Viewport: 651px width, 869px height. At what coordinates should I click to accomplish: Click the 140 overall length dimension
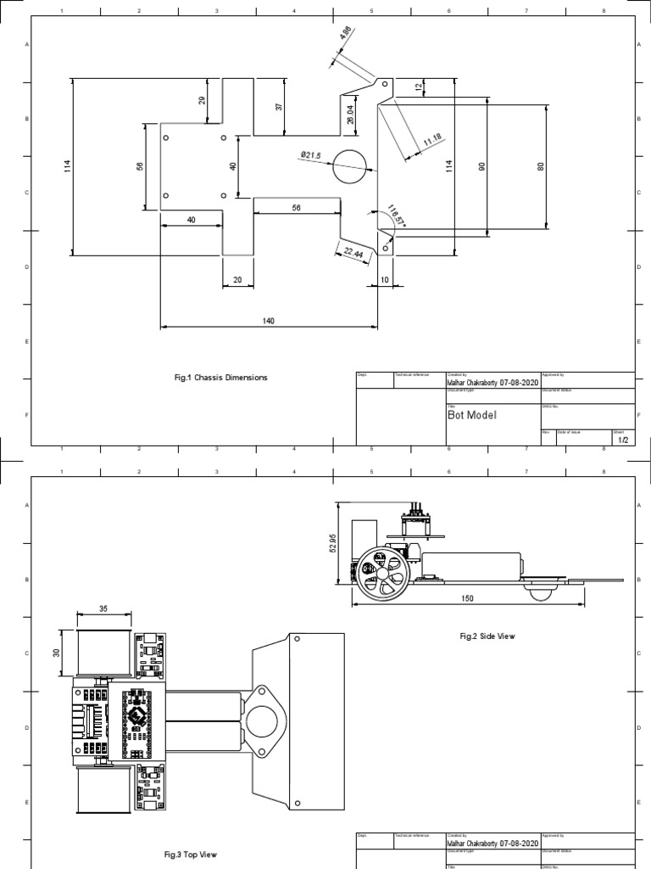269,321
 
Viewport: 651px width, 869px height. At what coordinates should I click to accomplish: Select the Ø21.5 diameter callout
311,154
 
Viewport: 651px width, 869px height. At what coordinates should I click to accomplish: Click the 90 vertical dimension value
481,166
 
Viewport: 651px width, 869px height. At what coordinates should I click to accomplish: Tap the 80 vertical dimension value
539,166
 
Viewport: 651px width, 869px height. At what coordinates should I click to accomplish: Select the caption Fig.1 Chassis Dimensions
219,378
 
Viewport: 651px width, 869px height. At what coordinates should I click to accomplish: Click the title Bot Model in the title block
472,415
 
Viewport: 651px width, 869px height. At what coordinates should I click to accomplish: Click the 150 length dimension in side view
467,597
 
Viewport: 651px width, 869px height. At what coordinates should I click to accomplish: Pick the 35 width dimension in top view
103,608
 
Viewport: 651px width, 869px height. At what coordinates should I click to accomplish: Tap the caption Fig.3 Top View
191,855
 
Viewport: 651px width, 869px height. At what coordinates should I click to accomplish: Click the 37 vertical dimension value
277,106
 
